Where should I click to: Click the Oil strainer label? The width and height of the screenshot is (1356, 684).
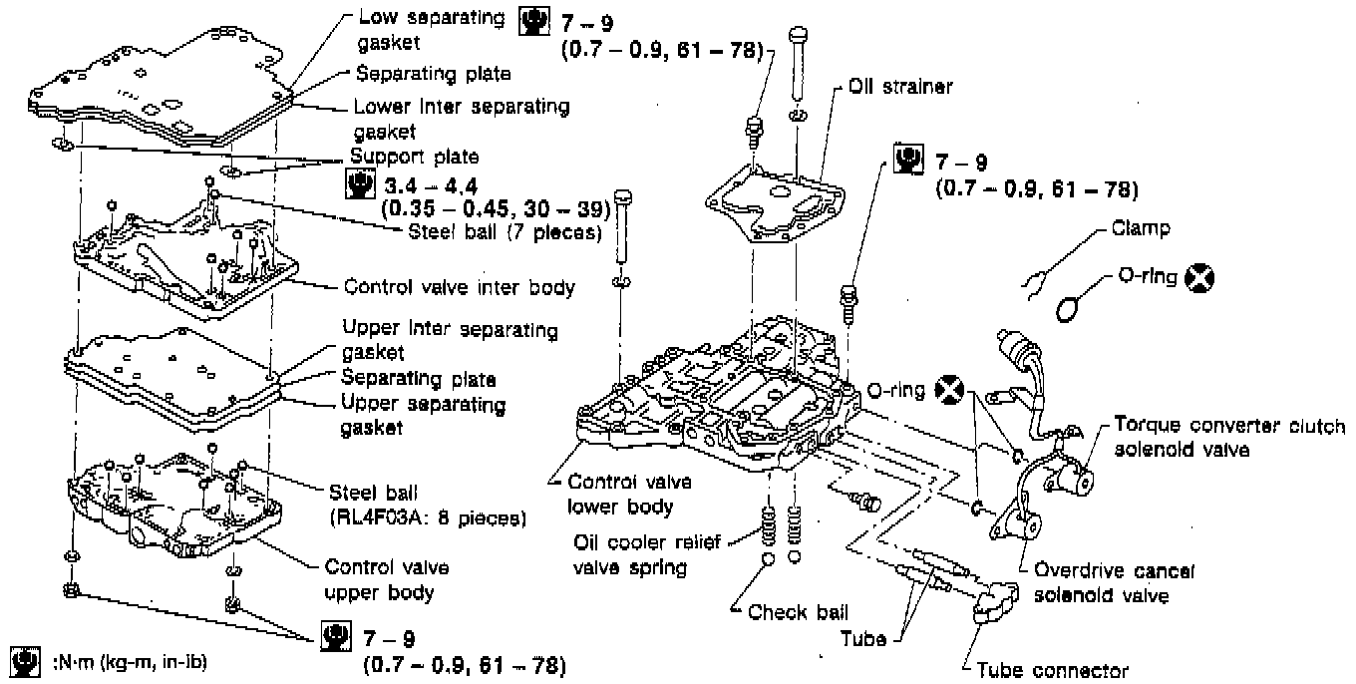[x=900, y=87]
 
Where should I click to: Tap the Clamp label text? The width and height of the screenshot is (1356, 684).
[x=1141, y=228]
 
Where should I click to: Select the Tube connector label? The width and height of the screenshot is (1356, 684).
[x=1052, y=671]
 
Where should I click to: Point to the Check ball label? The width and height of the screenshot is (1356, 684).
[x=798, y=612]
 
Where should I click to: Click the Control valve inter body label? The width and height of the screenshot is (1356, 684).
[x=460, y=287]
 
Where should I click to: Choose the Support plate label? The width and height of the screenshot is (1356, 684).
[x=415, y=157]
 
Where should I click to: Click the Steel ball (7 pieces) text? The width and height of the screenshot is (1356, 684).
[x=506, y=232]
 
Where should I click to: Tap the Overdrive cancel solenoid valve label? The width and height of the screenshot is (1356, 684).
[x=1115, y=583]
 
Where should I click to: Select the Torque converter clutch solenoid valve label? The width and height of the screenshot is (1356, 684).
[x=1229, y=437]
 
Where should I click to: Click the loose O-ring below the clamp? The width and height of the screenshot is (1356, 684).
[x=1067, y=310]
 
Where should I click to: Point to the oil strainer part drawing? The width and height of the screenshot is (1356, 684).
[x=775, y=202]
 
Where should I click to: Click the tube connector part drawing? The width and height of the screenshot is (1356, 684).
[x=996, y=601]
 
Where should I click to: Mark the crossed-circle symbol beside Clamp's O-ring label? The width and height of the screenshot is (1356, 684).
[x=1199, y=278]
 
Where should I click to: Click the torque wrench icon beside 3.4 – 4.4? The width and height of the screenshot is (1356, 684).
[x=360, y=184]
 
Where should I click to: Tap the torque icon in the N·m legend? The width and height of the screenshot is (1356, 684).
[x=26, y=662]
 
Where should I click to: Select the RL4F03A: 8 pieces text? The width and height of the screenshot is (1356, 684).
[x=429, y=518]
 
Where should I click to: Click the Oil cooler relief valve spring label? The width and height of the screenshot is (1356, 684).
[x=646, y=555]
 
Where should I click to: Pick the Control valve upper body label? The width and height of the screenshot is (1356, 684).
[x=387, y=580]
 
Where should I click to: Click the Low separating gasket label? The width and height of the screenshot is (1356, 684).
[x=431, y=30]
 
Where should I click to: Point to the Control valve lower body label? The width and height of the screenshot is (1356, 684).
[x=629, y=494]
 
